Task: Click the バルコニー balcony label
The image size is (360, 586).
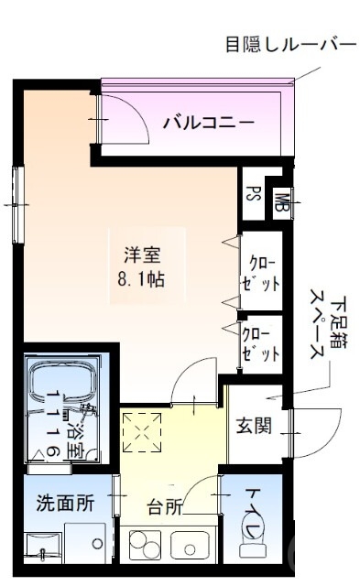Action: pyautogui.click(x=208, y=121)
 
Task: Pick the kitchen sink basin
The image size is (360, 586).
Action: pyautogui.click(x=190, y=543)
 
